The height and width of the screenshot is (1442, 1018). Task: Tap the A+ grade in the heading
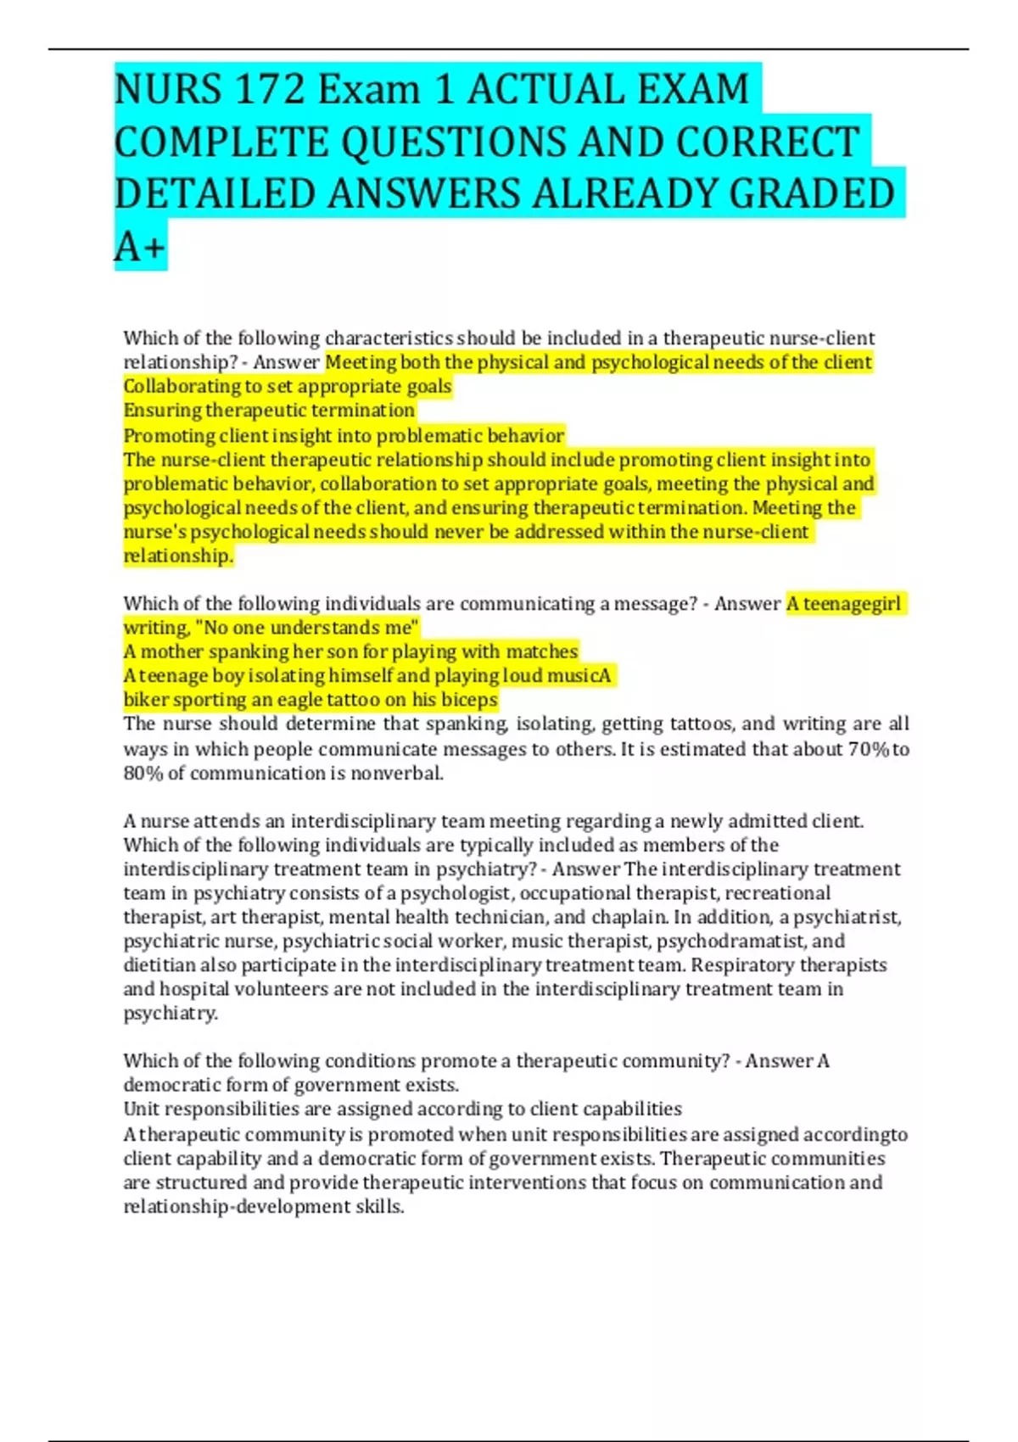(x=140, y=247)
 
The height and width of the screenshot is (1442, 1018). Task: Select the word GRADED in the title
(x=812, y=193)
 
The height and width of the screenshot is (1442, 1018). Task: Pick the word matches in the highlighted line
(x=542, y=651)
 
